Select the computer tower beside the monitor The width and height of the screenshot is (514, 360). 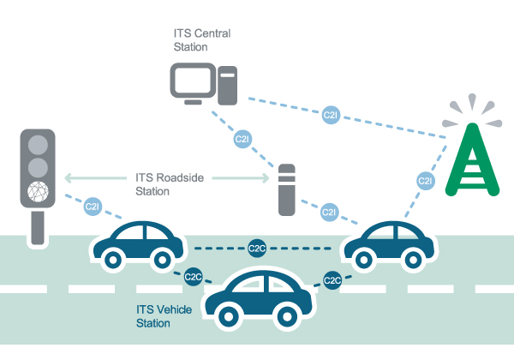pyautogui.click(x=226, y=86)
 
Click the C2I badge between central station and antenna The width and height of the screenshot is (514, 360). pyautogui.click(x=330, y=114)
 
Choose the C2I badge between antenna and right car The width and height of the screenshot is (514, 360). pyautogui.click(x=425, y=181)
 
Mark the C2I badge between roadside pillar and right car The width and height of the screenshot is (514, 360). pyautogui.click(x=330, y=211)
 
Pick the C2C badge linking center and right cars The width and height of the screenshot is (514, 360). pyautogui.click(x=333, y=279)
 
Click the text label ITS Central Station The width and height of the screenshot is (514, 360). pyautogui.click(x=201, y=39)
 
